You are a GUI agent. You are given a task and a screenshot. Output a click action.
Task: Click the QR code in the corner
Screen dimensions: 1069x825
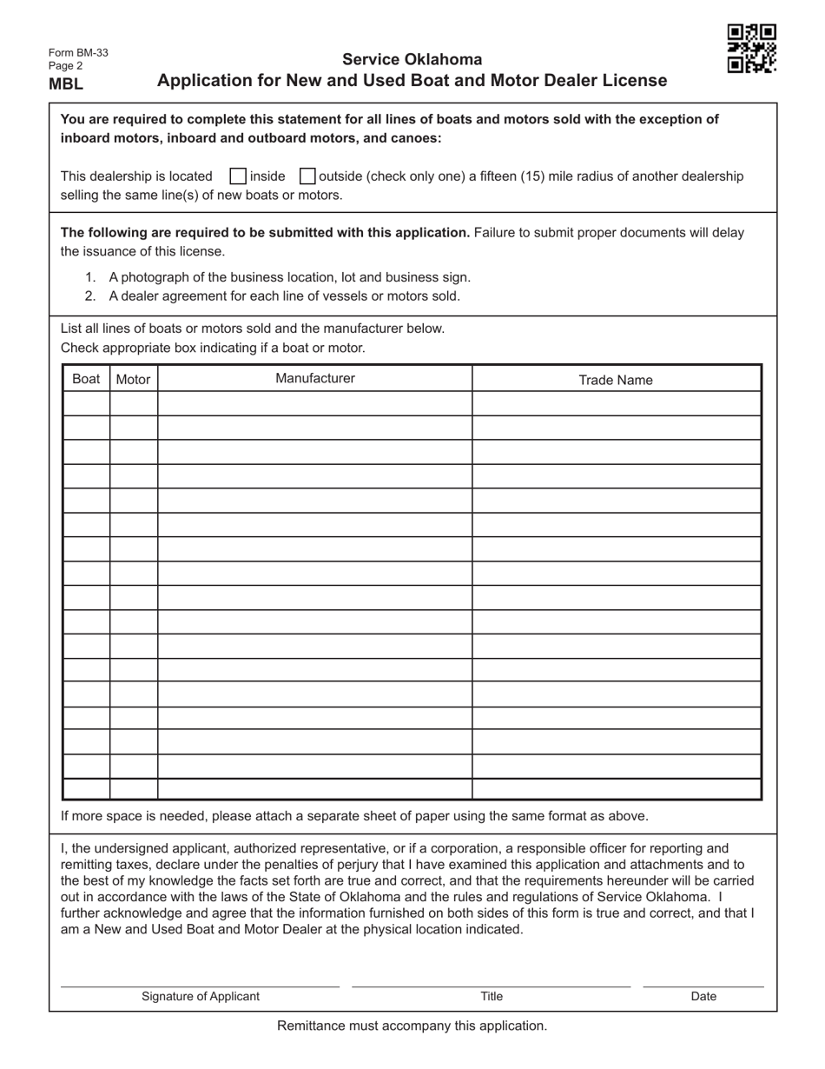pos(751,49)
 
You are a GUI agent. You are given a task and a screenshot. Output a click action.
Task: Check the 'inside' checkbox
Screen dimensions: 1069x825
pos(238,176)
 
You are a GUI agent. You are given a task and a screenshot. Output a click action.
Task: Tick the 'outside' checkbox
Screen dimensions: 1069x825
pos(307,176)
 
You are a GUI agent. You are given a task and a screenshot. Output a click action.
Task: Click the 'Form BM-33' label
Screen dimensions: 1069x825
pos(78,53)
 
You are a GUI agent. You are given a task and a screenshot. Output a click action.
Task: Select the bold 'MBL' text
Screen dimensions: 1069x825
pos(66,84)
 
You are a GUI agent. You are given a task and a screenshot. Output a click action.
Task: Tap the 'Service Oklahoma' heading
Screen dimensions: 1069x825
pos(412,59)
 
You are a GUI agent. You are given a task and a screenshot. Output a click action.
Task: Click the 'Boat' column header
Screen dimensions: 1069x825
pos(86,379)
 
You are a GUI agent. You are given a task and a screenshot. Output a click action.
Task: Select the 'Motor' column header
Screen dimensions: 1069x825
pos(133,379)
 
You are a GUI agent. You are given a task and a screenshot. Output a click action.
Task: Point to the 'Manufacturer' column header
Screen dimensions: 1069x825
pos(314,378)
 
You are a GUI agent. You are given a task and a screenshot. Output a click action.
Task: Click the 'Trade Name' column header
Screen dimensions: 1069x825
pos(616,380)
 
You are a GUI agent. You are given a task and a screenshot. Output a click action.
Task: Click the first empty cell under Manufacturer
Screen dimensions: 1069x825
pos(314,403)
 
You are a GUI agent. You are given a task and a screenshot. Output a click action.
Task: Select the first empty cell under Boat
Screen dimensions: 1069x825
pos(86,403)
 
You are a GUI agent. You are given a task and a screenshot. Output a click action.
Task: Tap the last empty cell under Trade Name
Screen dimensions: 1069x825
pos(616,789)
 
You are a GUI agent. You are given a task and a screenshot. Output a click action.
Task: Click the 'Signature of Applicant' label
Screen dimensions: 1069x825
pos(201,997)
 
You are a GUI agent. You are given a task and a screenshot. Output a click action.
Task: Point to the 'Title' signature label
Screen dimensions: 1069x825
pos(492,997)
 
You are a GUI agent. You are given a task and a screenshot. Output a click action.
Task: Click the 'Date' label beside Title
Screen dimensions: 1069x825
pos(703,997)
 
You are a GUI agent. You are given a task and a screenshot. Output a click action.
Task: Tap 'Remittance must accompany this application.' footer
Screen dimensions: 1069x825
pos(412,1026)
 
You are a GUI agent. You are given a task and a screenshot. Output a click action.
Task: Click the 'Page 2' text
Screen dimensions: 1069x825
pos(66,66)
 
